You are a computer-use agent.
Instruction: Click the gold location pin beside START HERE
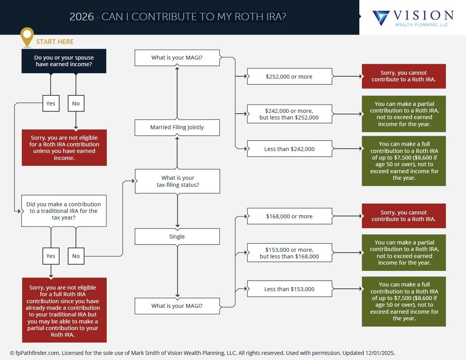point(27,36)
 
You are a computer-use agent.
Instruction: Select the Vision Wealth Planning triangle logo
point(381,18)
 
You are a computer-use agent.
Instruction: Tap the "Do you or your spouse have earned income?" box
point(64,61)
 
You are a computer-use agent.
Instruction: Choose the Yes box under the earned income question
point(51,104)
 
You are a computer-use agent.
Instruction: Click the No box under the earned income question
point(76,104)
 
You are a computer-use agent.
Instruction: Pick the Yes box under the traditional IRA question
point(51,256)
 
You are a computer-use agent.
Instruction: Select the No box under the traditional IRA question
point(76,256)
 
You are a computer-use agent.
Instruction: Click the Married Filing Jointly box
point(177,127)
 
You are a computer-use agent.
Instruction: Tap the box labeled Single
point(177,237)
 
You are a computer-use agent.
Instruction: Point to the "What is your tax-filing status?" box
point(178,181)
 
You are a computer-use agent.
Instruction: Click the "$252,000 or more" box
point(289,77)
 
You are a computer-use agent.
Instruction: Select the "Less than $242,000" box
point(289,149)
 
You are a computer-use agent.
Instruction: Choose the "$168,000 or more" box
point(289,216)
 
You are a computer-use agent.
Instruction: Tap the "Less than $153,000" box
point(289,289)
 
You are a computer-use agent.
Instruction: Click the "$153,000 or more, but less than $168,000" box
point(289,253)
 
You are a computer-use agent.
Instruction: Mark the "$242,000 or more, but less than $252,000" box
point(289,114)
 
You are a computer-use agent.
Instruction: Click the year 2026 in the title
point(81,17)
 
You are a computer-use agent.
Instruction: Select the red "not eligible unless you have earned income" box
point(64,148)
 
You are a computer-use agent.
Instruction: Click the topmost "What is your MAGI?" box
point(177,58)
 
